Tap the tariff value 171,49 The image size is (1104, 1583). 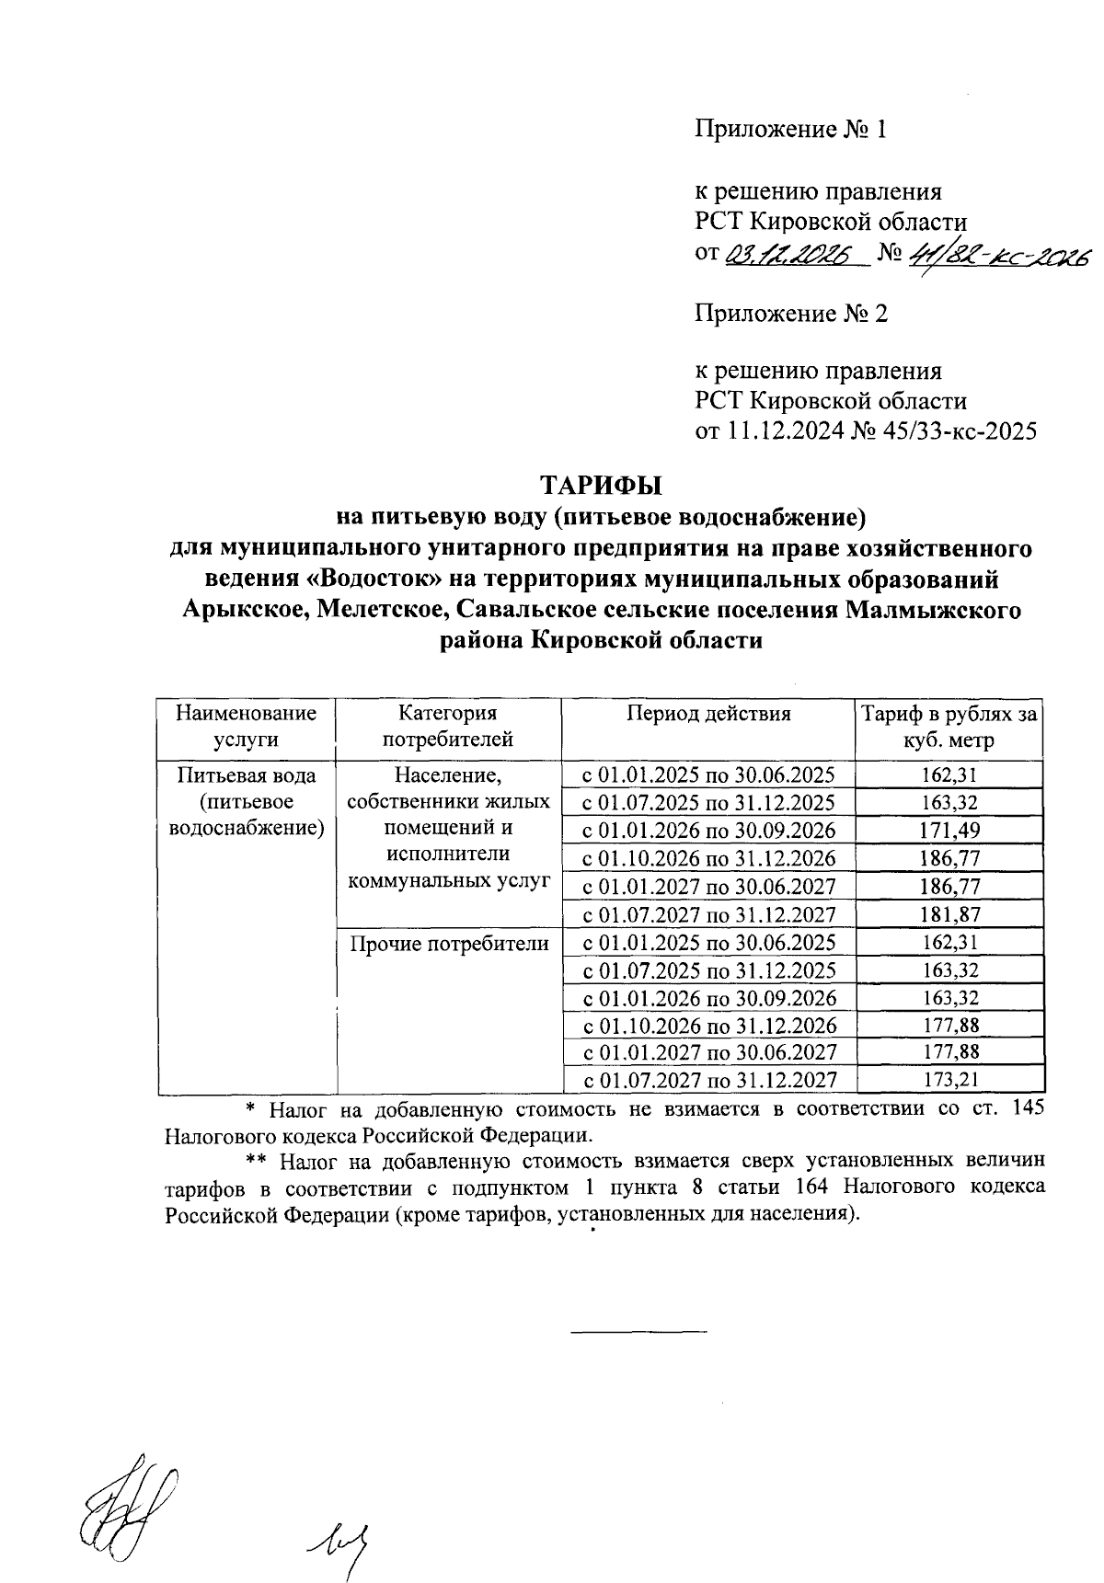[x=949, y=831]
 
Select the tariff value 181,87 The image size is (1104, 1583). [x=949, y=914]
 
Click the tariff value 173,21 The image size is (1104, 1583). [x=949, y=1080]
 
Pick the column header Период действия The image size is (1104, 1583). [x=708, y=714]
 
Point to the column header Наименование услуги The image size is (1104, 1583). [x=246, y=726]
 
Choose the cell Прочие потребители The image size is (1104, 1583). [x=448, y=943]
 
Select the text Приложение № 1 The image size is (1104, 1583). [x=790, y=130]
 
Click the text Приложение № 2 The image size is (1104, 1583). [x=790, y=315]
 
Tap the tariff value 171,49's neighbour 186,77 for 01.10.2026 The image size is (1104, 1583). [x=949, y=858]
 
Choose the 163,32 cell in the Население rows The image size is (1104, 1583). [x=949, y=803]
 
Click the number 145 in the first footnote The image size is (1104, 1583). [x=1027, y=1107]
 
